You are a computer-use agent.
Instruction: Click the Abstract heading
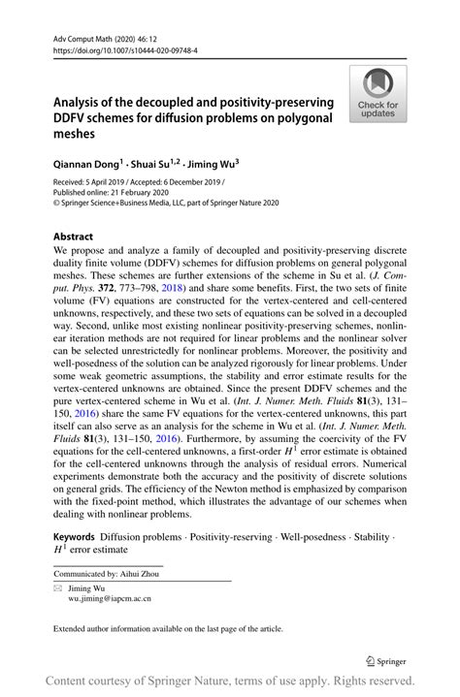coord(73,237)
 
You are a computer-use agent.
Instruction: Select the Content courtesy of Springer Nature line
coord(230,681)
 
